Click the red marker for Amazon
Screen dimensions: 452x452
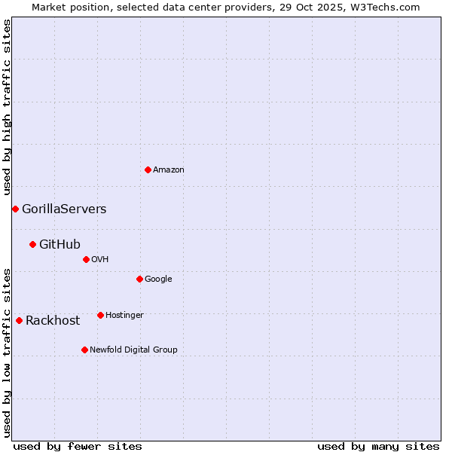(148, 169)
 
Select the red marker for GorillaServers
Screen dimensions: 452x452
(15, 209)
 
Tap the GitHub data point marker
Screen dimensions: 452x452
(32, 244)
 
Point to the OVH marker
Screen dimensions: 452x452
(86, 259)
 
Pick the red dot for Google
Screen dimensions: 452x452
(139, 279)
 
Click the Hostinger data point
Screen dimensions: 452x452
(100, 315)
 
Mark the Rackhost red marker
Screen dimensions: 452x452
(19, 320)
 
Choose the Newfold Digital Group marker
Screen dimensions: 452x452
(84, 350)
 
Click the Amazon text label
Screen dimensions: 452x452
(169, 170)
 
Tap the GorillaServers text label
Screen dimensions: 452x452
(64, 209)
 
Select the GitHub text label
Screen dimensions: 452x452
(60, 244)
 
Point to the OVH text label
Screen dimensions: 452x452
(100, 260)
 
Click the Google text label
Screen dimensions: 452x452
(158, 279)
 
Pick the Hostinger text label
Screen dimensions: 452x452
(124, 316)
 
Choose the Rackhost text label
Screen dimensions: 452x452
(53, 321)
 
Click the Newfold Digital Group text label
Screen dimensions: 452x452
(133, 350)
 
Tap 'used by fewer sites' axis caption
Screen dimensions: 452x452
(78, 446)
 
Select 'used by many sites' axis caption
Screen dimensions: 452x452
(378, 446)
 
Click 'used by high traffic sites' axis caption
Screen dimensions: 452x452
(8, 108)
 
